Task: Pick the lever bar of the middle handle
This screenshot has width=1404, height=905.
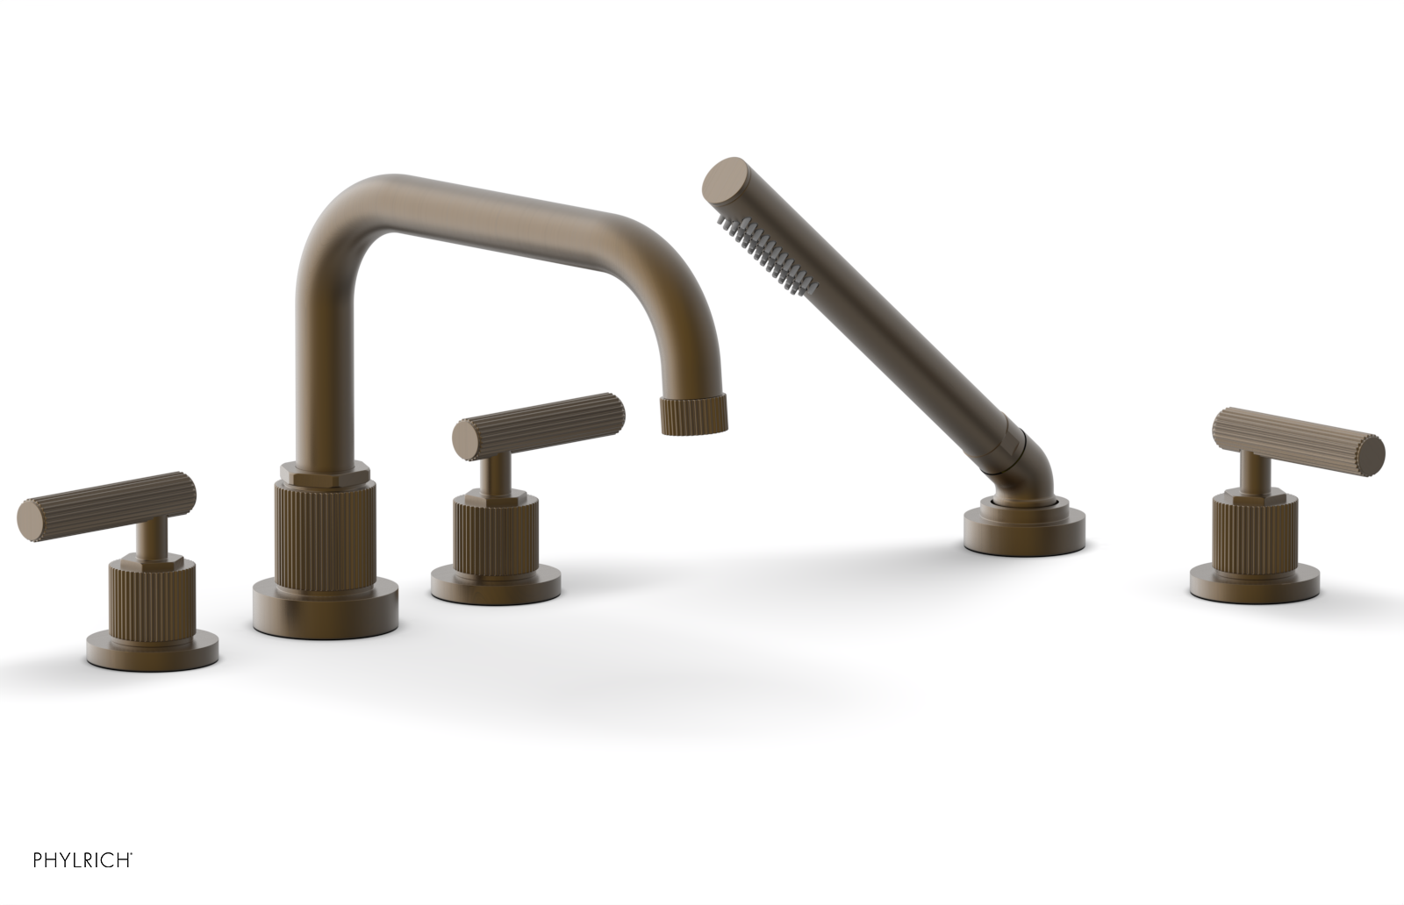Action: (540, 422)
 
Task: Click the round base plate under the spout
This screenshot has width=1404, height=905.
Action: (325, 606)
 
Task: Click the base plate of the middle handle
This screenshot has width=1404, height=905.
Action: (497, 580)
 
